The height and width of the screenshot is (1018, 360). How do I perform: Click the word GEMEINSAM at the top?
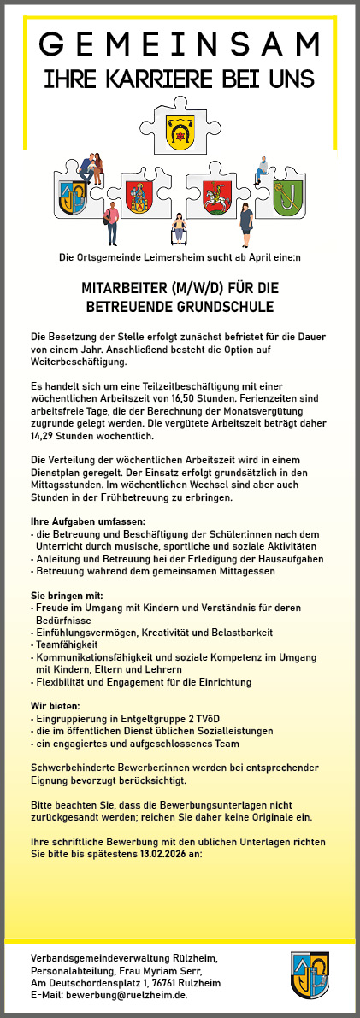180,44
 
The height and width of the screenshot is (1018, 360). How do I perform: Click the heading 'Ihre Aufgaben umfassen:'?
88,521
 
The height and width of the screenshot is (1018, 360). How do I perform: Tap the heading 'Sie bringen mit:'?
67,595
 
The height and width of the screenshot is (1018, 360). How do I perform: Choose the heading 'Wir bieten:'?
56,706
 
